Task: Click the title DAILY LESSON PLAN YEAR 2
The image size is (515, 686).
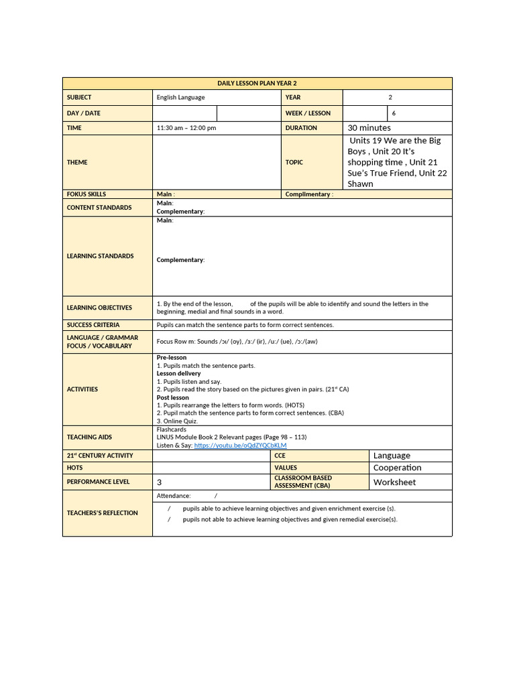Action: click(257, 83)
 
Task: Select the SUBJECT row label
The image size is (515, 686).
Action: click(79, 98)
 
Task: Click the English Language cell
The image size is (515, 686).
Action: click(181, 98)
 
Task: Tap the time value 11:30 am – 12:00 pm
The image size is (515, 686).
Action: click(186, 128)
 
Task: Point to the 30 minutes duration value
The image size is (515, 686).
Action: click(369, 128)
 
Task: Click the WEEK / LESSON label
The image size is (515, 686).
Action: click(308, 113)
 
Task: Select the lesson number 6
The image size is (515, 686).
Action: click(394, 113)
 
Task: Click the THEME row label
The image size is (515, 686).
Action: click(77, 162)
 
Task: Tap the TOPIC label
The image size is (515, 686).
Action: click(294, 162)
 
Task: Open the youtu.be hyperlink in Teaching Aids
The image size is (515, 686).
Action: click(240, 445)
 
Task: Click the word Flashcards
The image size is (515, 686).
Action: click(172, 429)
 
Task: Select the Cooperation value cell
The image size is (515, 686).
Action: click(397, 468)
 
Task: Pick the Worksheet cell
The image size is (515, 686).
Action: click(394, 482)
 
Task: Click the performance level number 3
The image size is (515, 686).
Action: click(160, 482)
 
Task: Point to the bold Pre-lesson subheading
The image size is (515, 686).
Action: click(172, 358)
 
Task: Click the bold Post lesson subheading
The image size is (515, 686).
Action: click(173, 397)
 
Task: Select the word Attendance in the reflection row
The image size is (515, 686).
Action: click(174, 496)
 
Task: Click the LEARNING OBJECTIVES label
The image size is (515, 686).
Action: click(99, 308)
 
